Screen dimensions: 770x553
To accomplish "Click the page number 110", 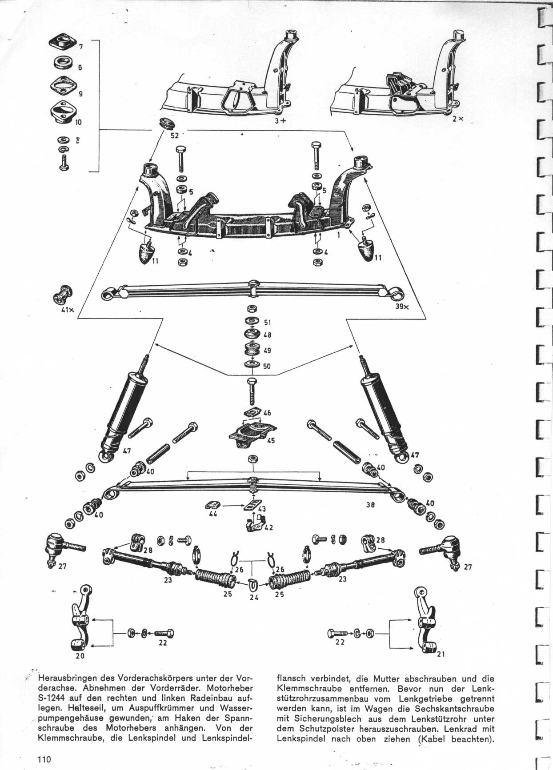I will point(44,759).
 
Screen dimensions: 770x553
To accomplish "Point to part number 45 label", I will point(271,440).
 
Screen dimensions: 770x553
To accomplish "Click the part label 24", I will point(253,597).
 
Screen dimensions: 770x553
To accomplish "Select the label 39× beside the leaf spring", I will point(402,307).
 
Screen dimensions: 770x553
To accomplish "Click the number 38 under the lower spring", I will point(370,505).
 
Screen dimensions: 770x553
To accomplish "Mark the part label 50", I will point(266,367).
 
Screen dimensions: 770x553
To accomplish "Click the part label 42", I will point(268,528).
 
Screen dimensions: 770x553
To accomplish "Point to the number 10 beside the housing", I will point(78,122).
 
